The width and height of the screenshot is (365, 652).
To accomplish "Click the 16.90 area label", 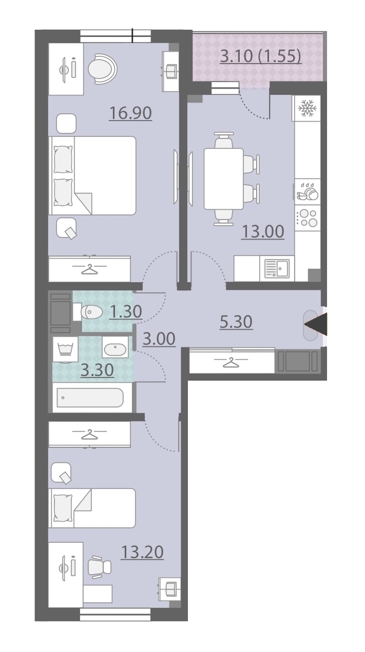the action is pos(131,113).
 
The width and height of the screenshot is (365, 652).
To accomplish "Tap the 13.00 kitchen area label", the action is pos(263,232).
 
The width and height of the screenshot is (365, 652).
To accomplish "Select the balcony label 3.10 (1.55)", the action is pos(260,56).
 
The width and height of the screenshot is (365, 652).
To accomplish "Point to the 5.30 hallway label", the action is pos(236,322).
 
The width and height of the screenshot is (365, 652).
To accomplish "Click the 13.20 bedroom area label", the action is pos(142,552).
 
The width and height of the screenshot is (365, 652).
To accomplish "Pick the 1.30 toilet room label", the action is pos(126,312).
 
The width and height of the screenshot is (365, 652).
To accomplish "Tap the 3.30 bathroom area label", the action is pos(97,370).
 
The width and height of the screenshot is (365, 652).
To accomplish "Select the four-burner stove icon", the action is pos(307,218).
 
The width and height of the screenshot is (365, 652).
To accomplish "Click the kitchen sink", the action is pos(277,268).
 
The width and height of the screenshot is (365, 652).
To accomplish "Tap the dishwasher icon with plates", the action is pos(307,192).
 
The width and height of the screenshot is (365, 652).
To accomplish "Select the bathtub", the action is pos(90,398).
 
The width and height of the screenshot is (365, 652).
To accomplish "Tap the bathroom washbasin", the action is pos(115,347).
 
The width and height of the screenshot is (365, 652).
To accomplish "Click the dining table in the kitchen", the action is pos(224,179).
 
